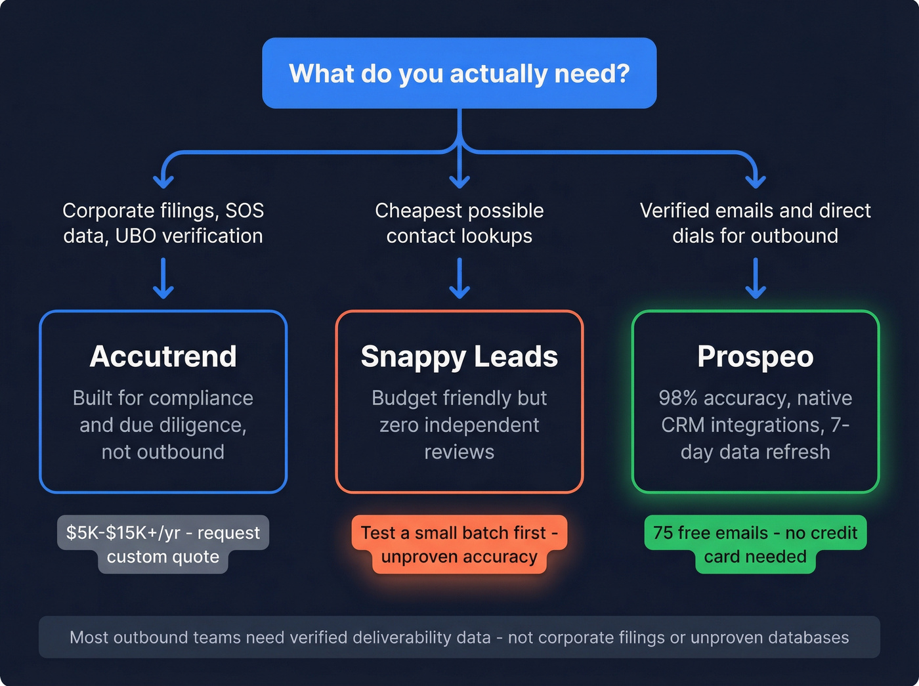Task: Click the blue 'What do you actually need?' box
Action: point(459,73)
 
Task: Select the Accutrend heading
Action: point(163,356)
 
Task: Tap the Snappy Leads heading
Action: point(459,356)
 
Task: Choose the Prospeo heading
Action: point(755,356)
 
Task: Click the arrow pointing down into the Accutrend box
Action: point(163,279)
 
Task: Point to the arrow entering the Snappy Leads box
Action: point(460,279)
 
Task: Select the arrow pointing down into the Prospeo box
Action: point(756,279)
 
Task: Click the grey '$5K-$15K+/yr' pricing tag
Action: point(163,544)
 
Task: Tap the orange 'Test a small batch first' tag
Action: point(459,544)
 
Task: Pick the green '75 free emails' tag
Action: point(755,544)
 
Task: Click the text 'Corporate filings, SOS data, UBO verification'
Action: point(163,223)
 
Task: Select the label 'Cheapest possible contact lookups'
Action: point(459,223)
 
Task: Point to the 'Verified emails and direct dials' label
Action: point(755,223)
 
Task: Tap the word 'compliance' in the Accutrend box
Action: point(202,398)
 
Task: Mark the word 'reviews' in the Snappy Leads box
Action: point(459,452)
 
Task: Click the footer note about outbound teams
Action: point(459,637)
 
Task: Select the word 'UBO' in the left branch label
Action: point(136,236)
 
